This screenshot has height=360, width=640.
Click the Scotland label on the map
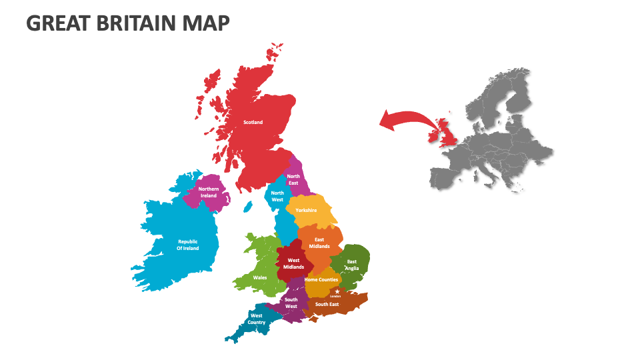tap(253, 122)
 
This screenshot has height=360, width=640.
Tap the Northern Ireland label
tap(209, 192)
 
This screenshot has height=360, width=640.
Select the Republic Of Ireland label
tap(187, 245)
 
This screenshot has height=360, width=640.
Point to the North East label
tap(293, 179)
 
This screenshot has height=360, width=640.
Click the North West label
tap(277, 196)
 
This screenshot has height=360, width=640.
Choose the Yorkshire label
tap(306, 210)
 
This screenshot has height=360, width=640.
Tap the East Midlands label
tap(319, 243)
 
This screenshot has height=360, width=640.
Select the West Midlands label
tap(293, 264)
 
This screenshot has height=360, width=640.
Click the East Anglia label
tap(351, 265)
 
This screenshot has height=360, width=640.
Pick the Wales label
tap(259, 277)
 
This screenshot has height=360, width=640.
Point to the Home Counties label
tap(321, 279)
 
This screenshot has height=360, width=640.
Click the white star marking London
tap(337, 291)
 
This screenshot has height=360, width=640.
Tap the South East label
tap(327, 304)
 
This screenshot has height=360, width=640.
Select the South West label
tap(291, 303)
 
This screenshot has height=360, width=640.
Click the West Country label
tap(257, 319)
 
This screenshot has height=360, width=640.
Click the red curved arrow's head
tap(385, 121)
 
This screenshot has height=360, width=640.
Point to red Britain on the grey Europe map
tap(445, 133)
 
